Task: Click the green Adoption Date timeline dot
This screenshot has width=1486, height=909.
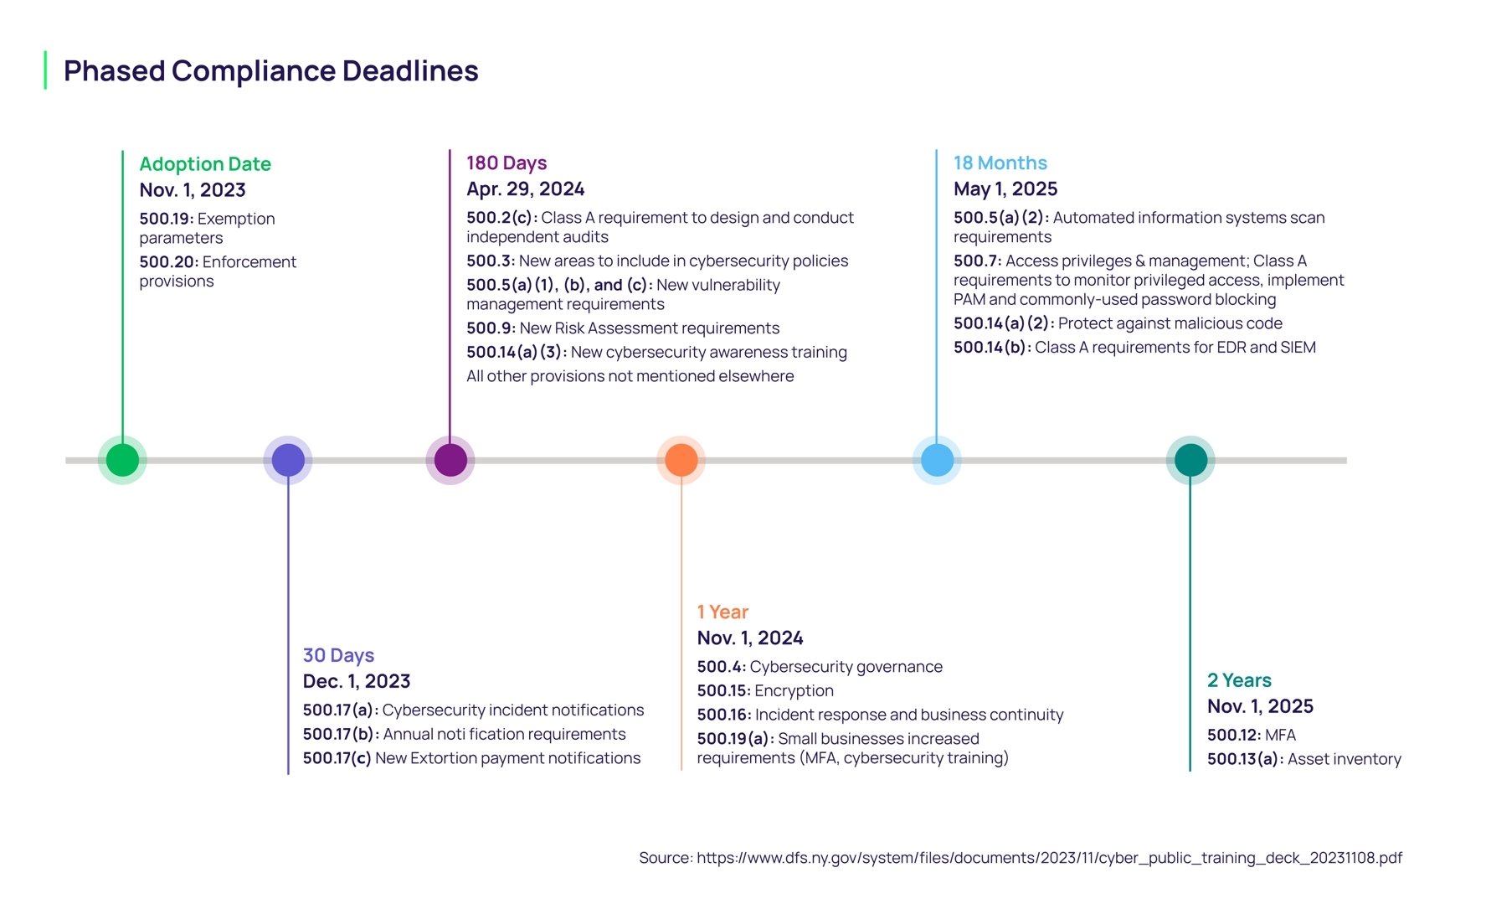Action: tap(122, 460)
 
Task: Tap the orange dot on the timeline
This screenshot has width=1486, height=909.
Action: tap(681, 460)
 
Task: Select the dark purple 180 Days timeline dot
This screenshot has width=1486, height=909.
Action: tap(450, 460)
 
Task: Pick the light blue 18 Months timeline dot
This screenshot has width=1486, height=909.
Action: tap(937, 460)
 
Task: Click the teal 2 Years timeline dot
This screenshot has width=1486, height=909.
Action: tap(1190, 460)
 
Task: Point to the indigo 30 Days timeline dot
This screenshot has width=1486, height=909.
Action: tap(288, 460)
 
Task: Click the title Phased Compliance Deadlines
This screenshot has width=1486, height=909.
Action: tap(270, 71)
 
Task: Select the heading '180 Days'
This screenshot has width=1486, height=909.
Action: tap(506, 163)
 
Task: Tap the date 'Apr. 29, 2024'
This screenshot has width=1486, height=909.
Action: tap(525, 189)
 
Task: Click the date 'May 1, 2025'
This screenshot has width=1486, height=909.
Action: tap(1005, 189)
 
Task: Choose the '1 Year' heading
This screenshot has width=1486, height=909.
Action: tap(722, 612)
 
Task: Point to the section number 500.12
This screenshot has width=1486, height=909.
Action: tap(1233, 736)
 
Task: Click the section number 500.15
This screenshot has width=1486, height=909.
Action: tap(723, 691)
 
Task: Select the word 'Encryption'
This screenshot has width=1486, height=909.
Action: tap(794, 691)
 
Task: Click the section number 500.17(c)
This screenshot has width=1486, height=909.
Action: tap(337, 758)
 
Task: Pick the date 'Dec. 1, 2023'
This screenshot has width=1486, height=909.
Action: tap(357, 681)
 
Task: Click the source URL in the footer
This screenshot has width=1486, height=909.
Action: tap(1049, 858)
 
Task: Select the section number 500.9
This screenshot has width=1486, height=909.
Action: tap(491, 328)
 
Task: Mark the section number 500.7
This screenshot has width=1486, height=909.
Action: tap(977, 261)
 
